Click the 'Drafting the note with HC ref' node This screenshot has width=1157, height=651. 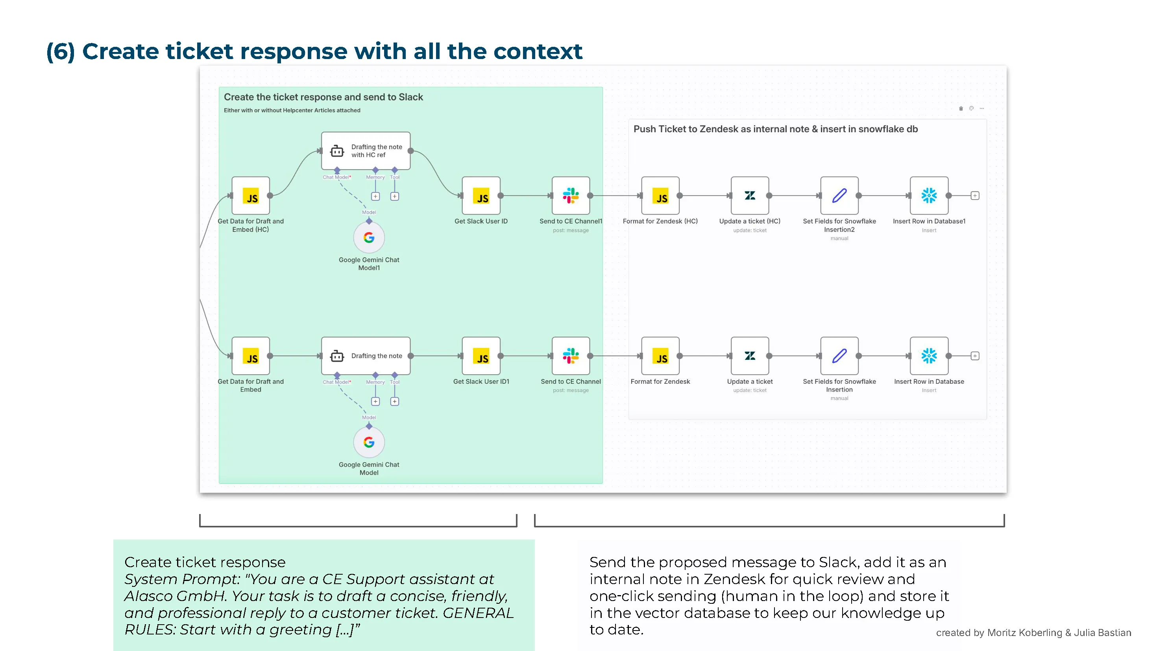click(x=366, y=151)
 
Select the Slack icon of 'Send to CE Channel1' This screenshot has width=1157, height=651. click(x=570, y=196)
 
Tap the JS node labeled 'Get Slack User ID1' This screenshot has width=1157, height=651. click(x=481, y=356)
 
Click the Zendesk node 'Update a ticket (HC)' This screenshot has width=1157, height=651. click(x=750, y=196)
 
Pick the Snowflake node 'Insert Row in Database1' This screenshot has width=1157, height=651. click(x=929, y=196)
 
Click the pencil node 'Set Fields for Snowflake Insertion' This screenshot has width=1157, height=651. click(x=839, y=356)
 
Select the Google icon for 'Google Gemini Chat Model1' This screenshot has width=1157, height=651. click(x=369, y=238)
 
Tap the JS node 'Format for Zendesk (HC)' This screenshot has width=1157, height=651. click(x=660, y=196)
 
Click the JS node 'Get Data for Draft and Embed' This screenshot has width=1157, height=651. click(x=251, y=356)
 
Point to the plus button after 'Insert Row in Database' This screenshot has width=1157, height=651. click(x=975, y=356)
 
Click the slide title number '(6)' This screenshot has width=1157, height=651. click(x=60, y=51)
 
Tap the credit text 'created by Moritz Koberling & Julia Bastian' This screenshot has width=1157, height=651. click(x=1033, y=633)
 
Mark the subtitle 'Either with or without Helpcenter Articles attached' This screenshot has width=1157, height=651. click(x=292, y=111)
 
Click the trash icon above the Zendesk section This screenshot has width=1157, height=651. click(x=961, y=108)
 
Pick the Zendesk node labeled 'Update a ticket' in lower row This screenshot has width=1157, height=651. click(x=750, y=356)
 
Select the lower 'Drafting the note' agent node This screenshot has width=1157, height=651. click(x=366, y=356)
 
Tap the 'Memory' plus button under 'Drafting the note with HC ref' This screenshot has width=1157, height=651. click(x=375, y=196)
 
